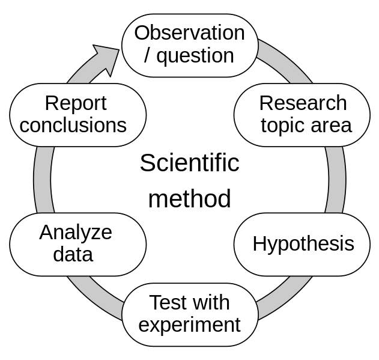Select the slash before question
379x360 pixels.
[x=147, y=56]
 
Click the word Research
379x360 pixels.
[x=303, y=103]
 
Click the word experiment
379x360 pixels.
[x=190, y=326]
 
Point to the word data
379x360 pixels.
[x=73, y=254]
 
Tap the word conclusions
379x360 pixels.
[x=73, y=125]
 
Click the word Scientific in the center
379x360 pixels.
[x=190, y=163]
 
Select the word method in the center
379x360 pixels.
[x=190, y=198]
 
